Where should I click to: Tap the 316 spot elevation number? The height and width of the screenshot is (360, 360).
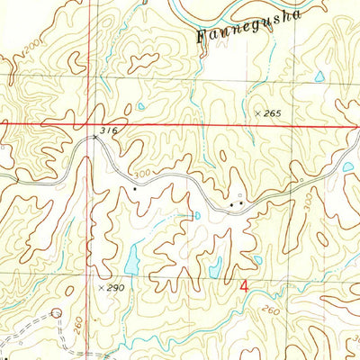[x=110, y=131]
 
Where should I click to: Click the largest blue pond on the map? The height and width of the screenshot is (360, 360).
[x=132, y=261]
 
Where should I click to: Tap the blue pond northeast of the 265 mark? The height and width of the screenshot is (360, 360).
[x=319, y=78]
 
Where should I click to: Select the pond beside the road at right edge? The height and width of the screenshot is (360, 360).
[x=348, y=166]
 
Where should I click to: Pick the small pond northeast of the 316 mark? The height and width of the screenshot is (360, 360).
[x=141, y=107]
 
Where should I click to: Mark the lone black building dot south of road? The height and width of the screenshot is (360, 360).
[x=135, y=189]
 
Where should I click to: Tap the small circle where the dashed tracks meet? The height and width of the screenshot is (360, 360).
[x=57, y=313]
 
